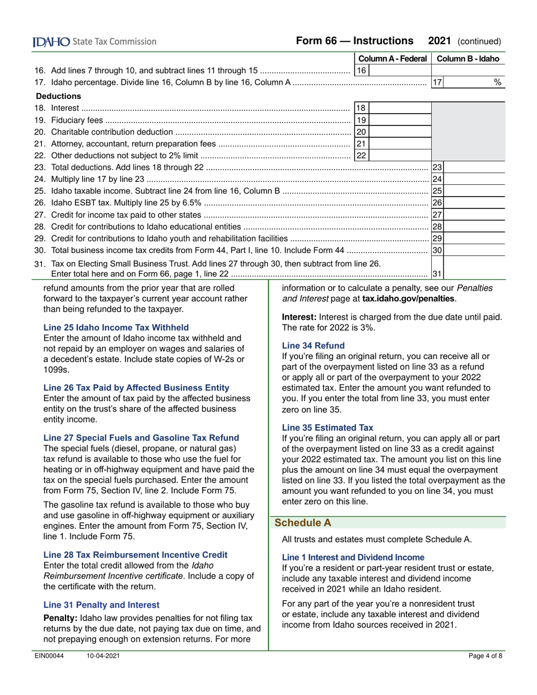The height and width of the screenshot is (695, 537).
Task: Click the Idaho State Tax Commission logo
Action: click(94, 41)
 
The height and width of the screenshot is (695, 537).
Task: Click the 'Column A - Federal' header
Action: click(393, 59)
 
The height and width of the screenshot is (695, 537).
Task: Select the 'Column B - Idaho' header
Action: click(468, 59)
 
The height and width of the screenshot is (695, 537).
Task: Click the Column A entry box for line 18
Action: click(400, 108)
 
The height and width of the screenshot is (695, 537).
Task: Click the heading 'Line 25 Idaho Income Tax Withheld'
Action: click(116, 327)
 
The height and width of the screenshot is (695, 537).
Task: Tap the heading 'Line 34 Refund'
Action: click(313, 345)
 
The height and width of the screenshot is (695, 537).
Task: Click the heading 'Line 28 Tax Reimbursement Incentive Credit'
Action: click(136, 554)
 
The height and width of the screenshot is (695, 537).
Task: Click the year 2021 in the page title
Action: click(439, 41)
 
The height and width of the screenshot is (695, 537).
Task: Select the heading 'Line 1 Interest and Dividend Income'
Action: click(353, 557)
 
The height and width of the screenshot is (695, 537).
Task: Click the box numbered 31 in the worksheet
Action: click(436, 274)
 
